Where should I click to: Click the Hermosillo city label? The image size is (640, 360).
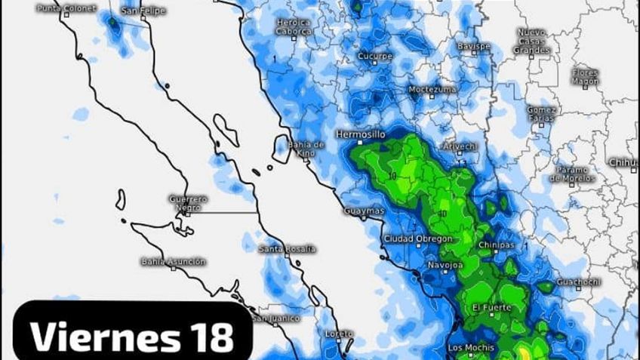[x=360, y=134]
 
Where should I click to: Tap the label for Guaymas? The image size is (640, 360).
[x=364, y=210]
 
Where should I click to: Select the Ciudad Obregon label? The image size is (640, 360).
[x=418, y=238]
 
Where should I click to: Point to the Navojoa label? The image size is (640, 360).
[x=445, y=266]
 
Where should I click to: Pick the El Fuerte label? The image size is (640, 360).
[x=491, y=307]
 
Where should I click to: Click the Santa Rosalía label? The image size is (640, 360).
[x=287, y=248]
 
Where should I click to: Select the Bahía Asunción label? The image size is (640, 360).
[x=173, y=261]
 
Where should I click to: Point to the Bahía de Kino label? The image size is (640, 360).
[x=306, y=149]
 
